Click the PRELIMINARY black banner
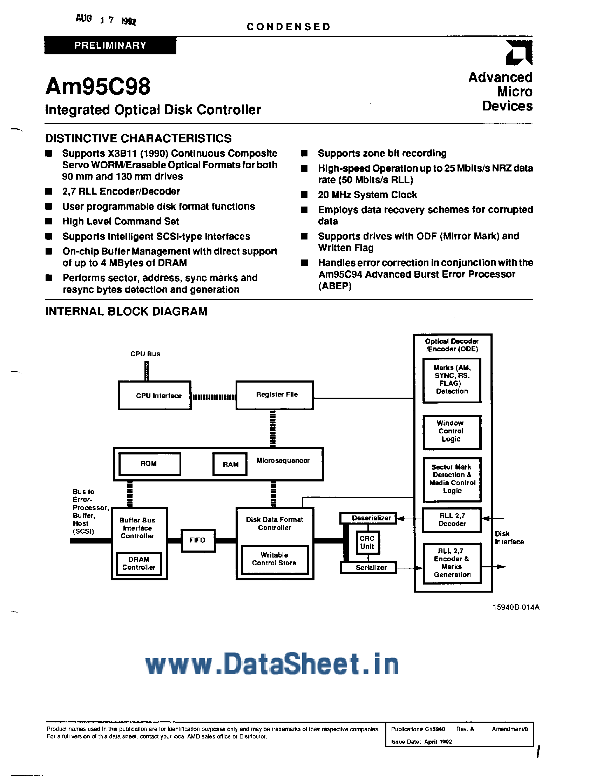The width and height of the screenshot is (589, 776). (110, 45)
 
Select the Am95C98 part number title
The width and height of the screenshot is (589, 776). (98, 86)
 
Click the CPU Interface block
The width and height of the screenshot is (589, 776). (155, 396)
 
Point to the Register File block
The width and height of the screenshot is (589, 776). (275, 395)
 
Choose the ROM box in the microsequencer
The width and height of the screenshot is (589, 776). (149, 464)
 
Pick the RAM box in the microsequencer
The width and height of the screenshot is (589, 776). (230, 464)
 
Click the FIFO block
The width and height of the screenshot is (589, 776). (197, 540)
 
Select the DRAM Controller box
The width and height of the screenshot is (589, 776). (139, 564)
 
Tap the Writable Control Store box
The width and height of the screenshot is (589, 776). (274, 559)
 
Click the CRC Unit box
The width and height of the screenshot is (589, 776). (367, 542)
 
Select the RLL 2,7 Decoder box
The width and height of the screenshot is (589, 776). (452, 520)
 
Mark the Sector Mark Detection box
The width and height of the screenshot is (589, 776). (452, 479)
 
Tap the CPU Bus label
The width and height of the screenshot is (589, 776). (145, 354)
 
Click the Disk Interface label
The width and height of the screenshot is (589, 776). (509, 538)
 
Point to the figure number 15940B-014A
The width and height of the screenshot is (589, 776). (516, 607)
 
